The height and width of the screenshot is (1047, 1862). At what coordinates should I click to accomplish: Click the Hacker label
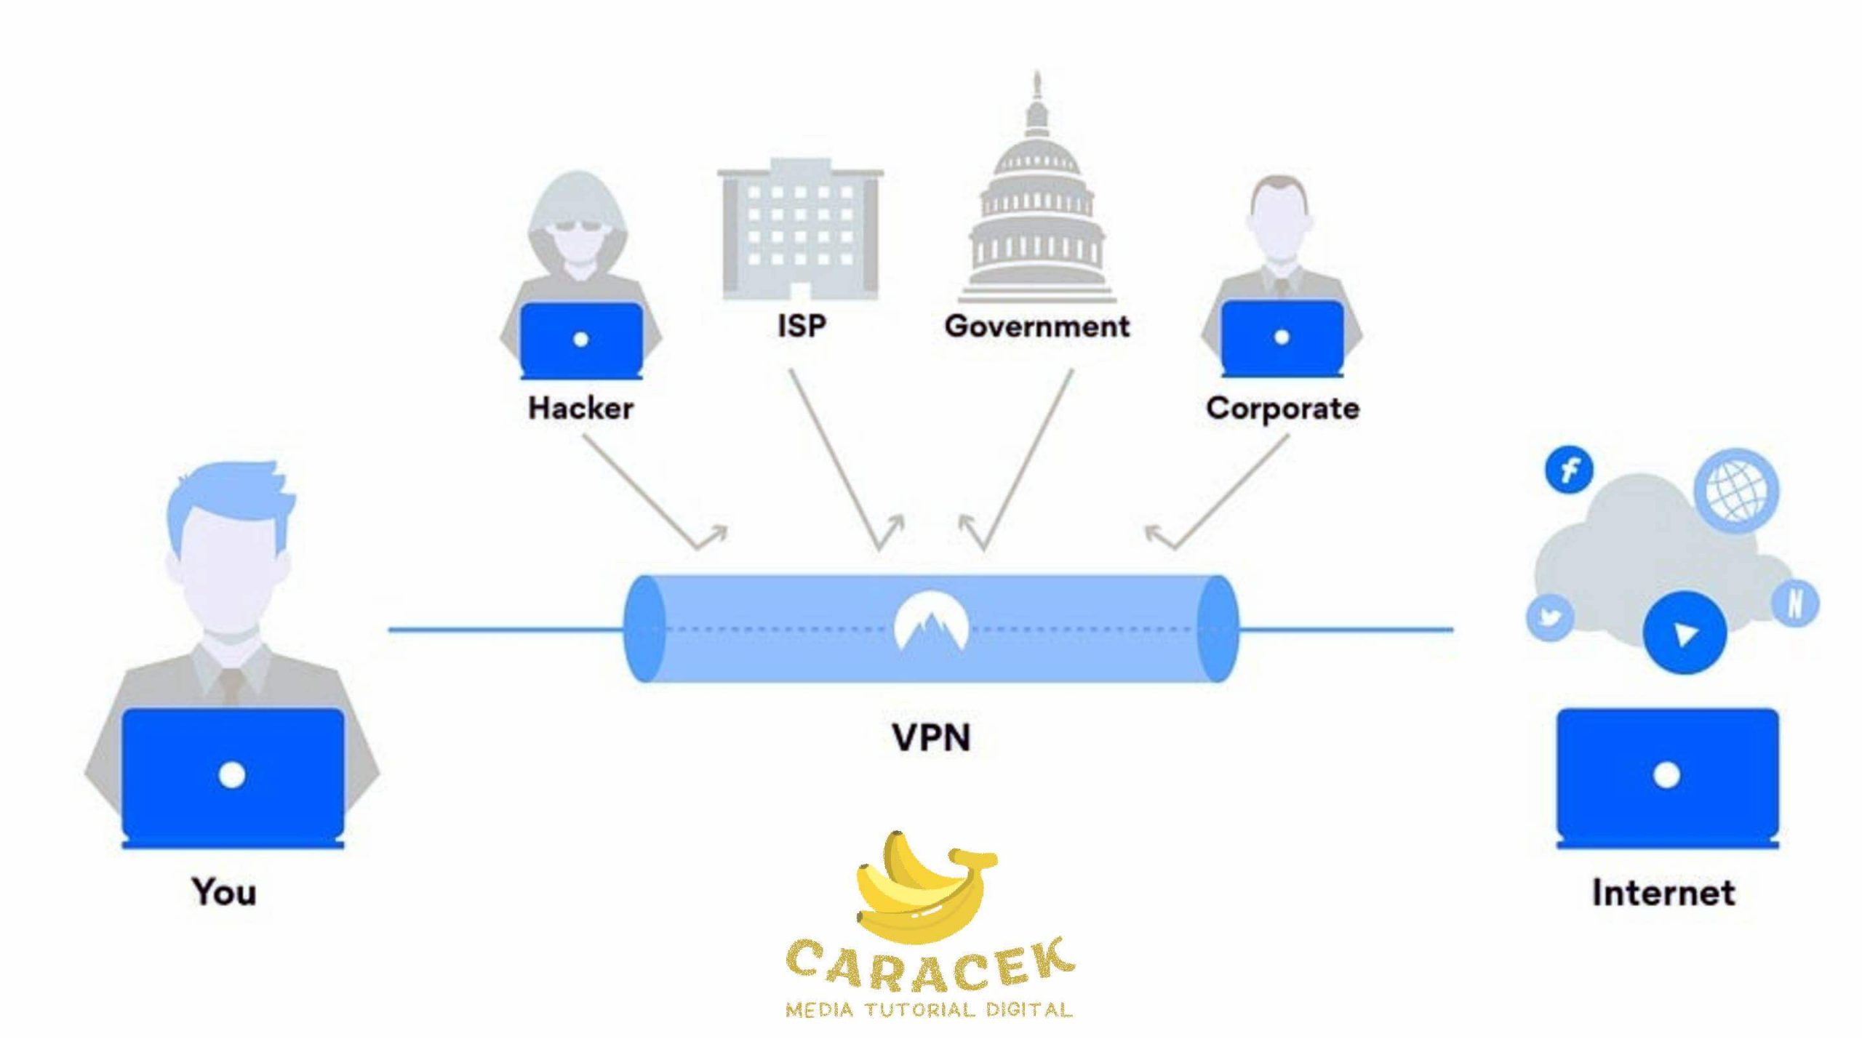coord(580,408)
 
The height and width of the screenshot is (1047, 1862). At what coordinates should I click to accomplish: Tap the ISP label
coord(802,325)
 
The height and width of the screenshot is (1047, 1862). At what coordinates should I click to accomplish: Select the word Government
coord(1037,326)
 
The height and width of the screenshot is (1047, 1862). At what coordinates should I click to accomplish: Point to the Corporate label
coord(1282,409)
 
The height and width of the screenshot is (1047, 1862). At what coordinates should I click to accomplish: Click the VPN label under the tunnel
coord(931,737)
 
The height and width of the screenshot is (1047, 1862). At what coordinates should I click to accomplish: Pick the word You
coord(224,891)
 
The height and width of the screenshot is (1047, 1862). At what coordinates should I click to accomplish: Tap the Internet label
coord(1663,892)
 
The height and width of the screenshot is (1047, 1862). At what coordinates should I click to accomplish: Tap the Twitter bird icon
coord(1549,618)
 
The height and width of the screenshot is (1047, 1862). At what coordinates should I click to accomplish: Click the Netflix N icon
coord(1794,603)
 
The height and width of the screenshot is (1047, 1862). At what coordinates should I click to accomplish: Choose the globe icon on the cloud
coord(1736,490)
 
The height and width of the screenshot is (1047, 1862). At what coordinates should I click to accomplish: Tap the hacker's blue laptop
coord(581,340)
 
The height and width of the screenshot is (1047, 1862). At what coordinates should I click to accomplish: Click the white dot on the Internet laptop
coord(1666,775)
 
